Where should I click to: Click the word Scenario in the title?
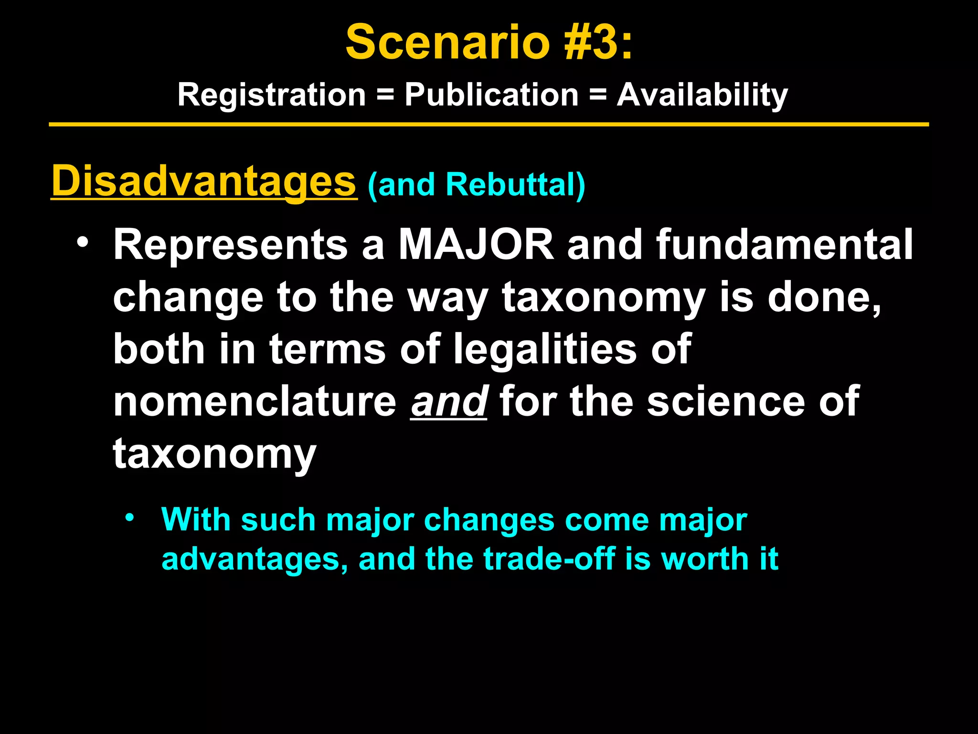tap(447, 43)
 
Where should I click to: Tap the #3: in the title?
tap(598, 43)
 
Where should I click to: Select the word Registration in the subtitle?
tap(271, 95)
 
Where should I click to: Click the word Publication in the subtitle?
tap(491, 95)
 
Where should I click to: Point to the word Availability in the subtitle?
tap(702, 95)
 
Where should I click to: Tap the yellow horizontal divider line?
tap(489, 125)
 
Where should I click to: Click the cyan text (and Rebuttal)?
tap(476, 184)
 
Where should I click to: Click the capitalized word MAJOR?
tap(476, 245)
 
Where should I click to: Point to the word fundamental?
tap(784, 245)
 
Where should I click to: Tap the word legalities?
tap(544, 349)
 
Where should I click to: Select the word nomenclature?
tap(255, 401)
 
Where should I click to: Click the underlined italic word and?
tap(448, 401)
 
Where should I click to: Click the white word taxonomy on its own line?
tap(214, 454)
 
